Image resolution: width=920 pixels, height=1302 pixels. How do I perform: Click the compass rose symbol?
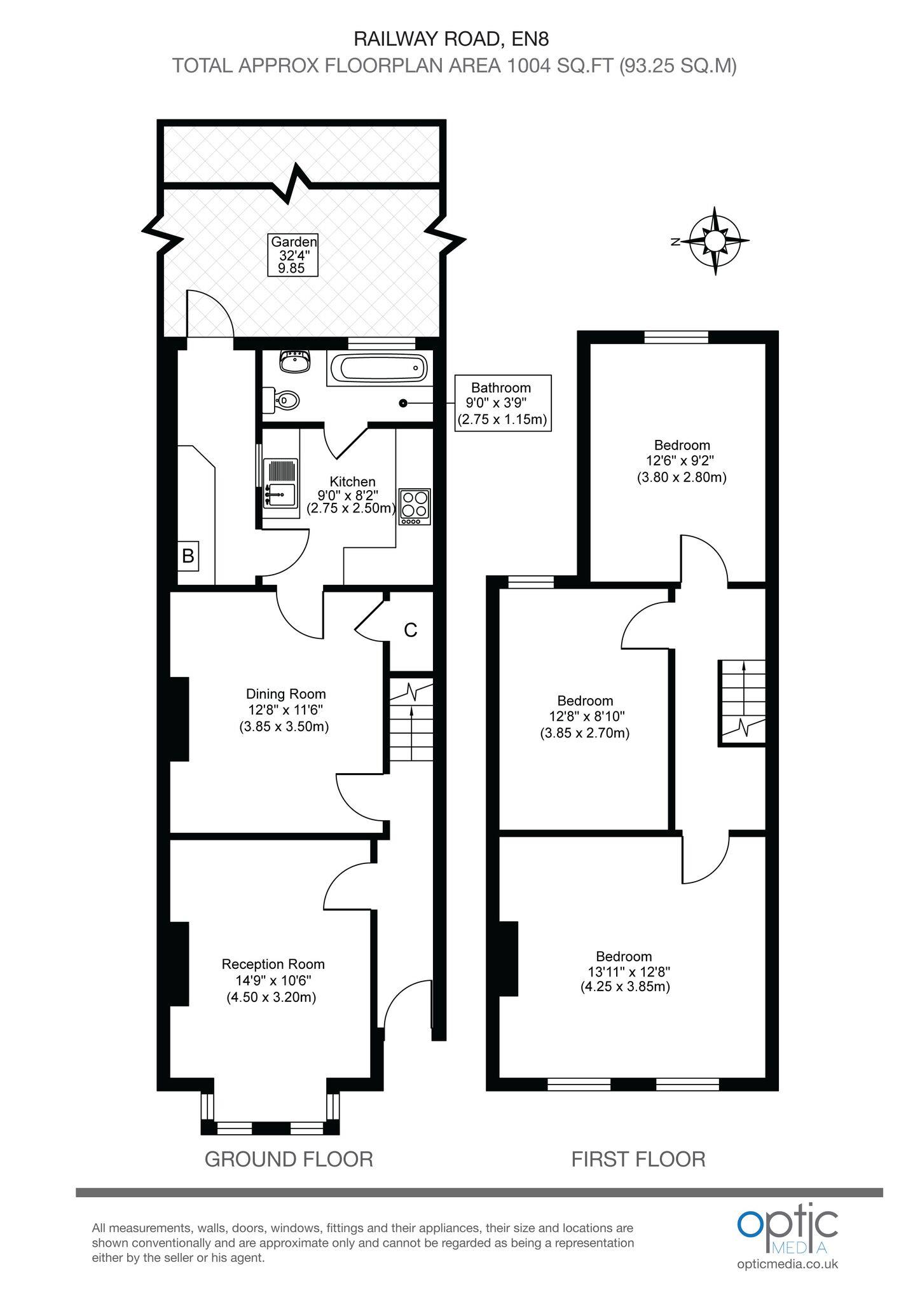pos(715,241)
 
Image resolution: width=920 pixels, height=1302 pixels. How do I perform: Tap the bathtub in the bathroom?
pos(380,367)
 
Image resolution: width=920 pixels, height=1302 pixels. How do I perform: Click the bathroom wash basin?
pos(294,362)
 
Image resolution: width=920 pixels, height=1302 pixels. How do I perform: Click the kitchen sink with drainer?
pos(280,483)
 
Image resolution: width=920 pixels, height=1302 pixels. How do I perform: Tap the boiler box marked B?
pos(188,556)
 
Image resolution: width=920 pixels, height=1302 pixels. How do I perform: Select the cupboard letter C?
pos(411,630)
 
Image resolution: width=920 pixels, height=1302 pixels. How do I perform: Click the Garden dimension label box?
pos(292,255)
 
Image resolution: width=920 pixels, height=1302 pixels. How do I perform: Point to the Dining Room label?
pos(285,709)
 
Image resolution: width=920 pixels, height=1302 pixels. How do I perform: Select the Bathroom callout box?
pos(502,403)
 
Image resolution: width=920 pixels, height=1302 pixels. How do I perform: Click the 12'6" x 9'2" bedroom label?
pos(682,461)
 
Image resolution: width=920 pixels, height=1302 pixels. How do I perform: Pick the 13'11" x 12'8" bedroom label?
pos(625,971)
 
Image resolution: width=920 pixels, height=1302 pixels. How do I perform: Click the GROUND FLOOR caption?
pos(289,1158)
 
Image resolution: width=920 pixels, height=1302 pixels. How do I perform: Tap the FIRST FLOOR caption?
pos(638,1158)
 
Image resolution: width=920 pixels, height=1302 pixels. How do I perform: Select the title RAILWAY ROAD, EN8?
pos(451,39)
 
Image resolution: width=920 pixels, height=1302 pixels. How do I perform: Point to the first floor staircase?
pos(742,701)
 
